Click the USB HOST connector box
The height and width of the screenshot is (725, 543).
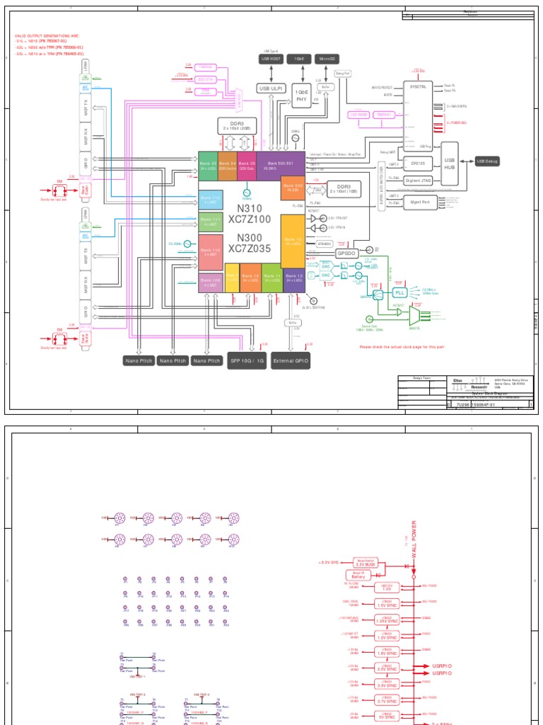(272, 60)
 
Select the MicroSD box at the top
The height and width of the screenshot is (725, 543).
(327, 60)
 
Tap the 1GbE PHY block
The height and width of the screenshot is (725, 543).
(302, 97)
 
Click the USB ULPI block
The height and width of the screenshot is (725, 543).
(272, 89)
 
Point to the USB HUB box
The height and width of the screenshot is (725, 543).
(450, 164)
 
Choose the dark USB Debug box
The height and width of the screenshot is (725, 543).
(487, 161)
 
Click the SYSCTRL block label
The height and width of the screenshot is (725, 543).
(417, 84)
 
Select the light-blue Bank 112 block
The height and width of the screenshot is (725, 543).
(211, 199)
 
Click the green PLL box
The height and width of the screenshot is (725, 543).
(400, 292)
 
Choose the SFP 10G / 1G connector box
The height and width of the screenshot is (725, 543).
(246, 361)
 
